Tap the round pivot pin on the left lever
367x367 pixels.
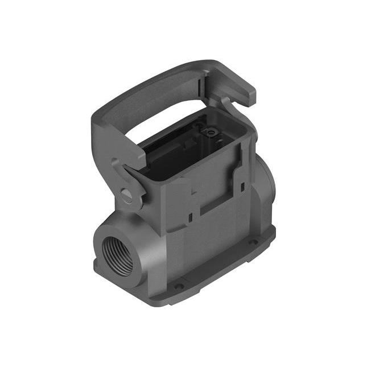click(127, 196)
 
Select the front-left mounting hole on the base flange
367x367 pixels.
click(178, 286)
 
